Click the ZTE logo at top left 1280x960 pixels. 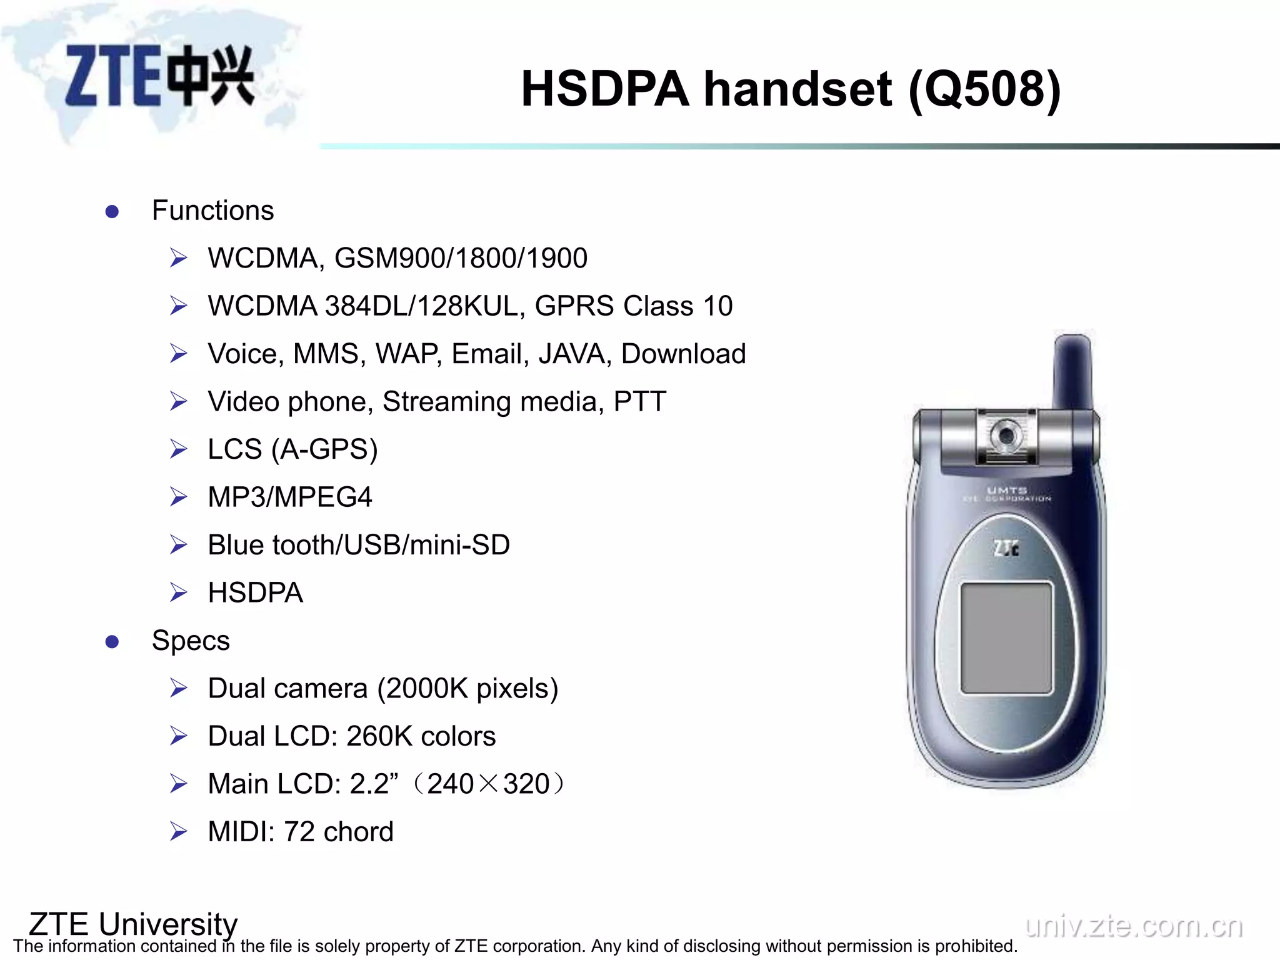pos(159,76)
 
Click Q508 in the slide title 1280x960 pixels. pos(984,89)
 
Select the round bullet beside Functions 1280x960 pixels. pos(112,212)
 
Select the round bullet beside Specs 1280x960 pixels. pos(112,642)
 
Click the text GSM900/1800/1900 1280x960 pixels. pos(461,258)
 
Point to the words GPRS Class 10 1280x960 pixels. pos(633,306)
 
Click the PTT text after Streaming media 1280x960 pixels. pos(639,401)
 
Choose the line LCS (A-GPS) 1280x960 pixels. pos(292,449)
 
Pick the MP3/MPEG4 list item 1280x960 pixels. pos(290,497)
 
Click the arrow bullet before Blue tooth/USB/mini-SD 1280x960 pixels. pos(179,545)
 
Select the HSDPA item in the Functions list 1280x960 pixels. pos(256,592)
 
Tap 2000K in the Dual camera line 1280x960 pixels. pos(426,689)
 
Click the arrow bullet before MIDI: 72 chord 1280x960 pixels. pos(179,832)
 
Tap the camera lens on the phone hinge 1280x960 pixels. pos(1005,435)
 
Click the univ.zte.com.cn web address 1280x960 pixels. pos(1134,926)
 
